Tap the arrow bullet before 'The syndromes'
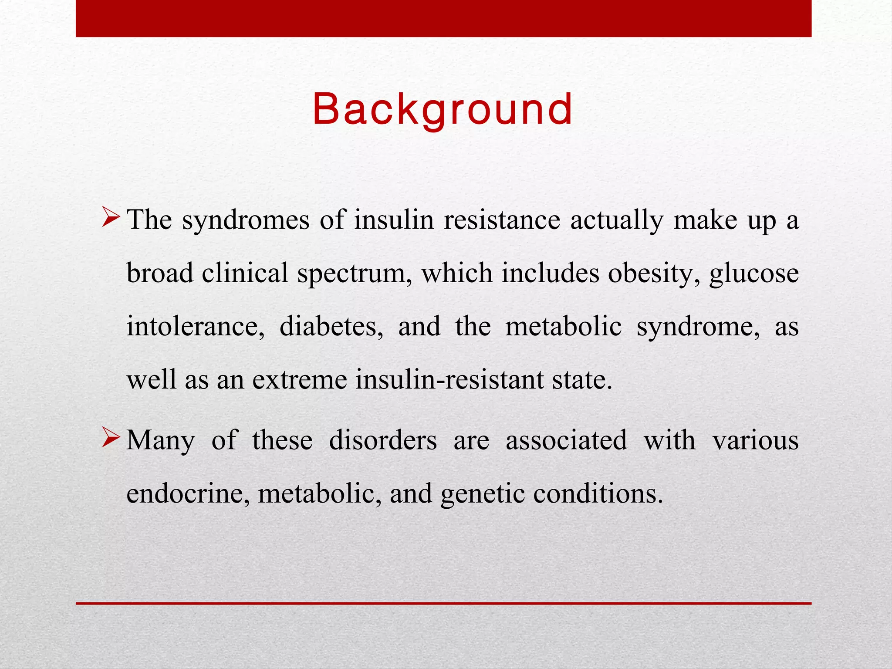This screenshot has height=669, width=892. click(x=111, y=218)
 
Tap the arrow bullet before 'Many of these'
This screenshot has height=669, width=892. click(x=111, y=438)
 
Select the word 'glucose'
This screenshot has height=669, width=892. click(x=754, y=274)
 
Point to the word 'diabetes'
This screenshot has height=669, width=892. click(x=331, y=327)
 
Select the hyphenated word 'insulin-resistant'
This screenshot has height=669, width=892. click(x=449, y=380)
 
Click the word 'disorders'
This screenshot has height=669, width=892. click(x=383, y=440)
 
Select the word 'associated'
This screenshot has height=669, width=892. click(x=566, y=440)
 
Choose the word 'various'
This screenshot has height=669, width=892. click(x=755, y=440)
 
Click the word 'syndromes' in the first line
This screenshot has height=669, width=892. click(x=246, y=220)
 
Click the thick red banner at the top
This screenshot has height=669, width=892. click(x=443, y=18)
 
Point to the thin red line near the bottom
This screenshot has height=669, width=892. click(x=443, y=603)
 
